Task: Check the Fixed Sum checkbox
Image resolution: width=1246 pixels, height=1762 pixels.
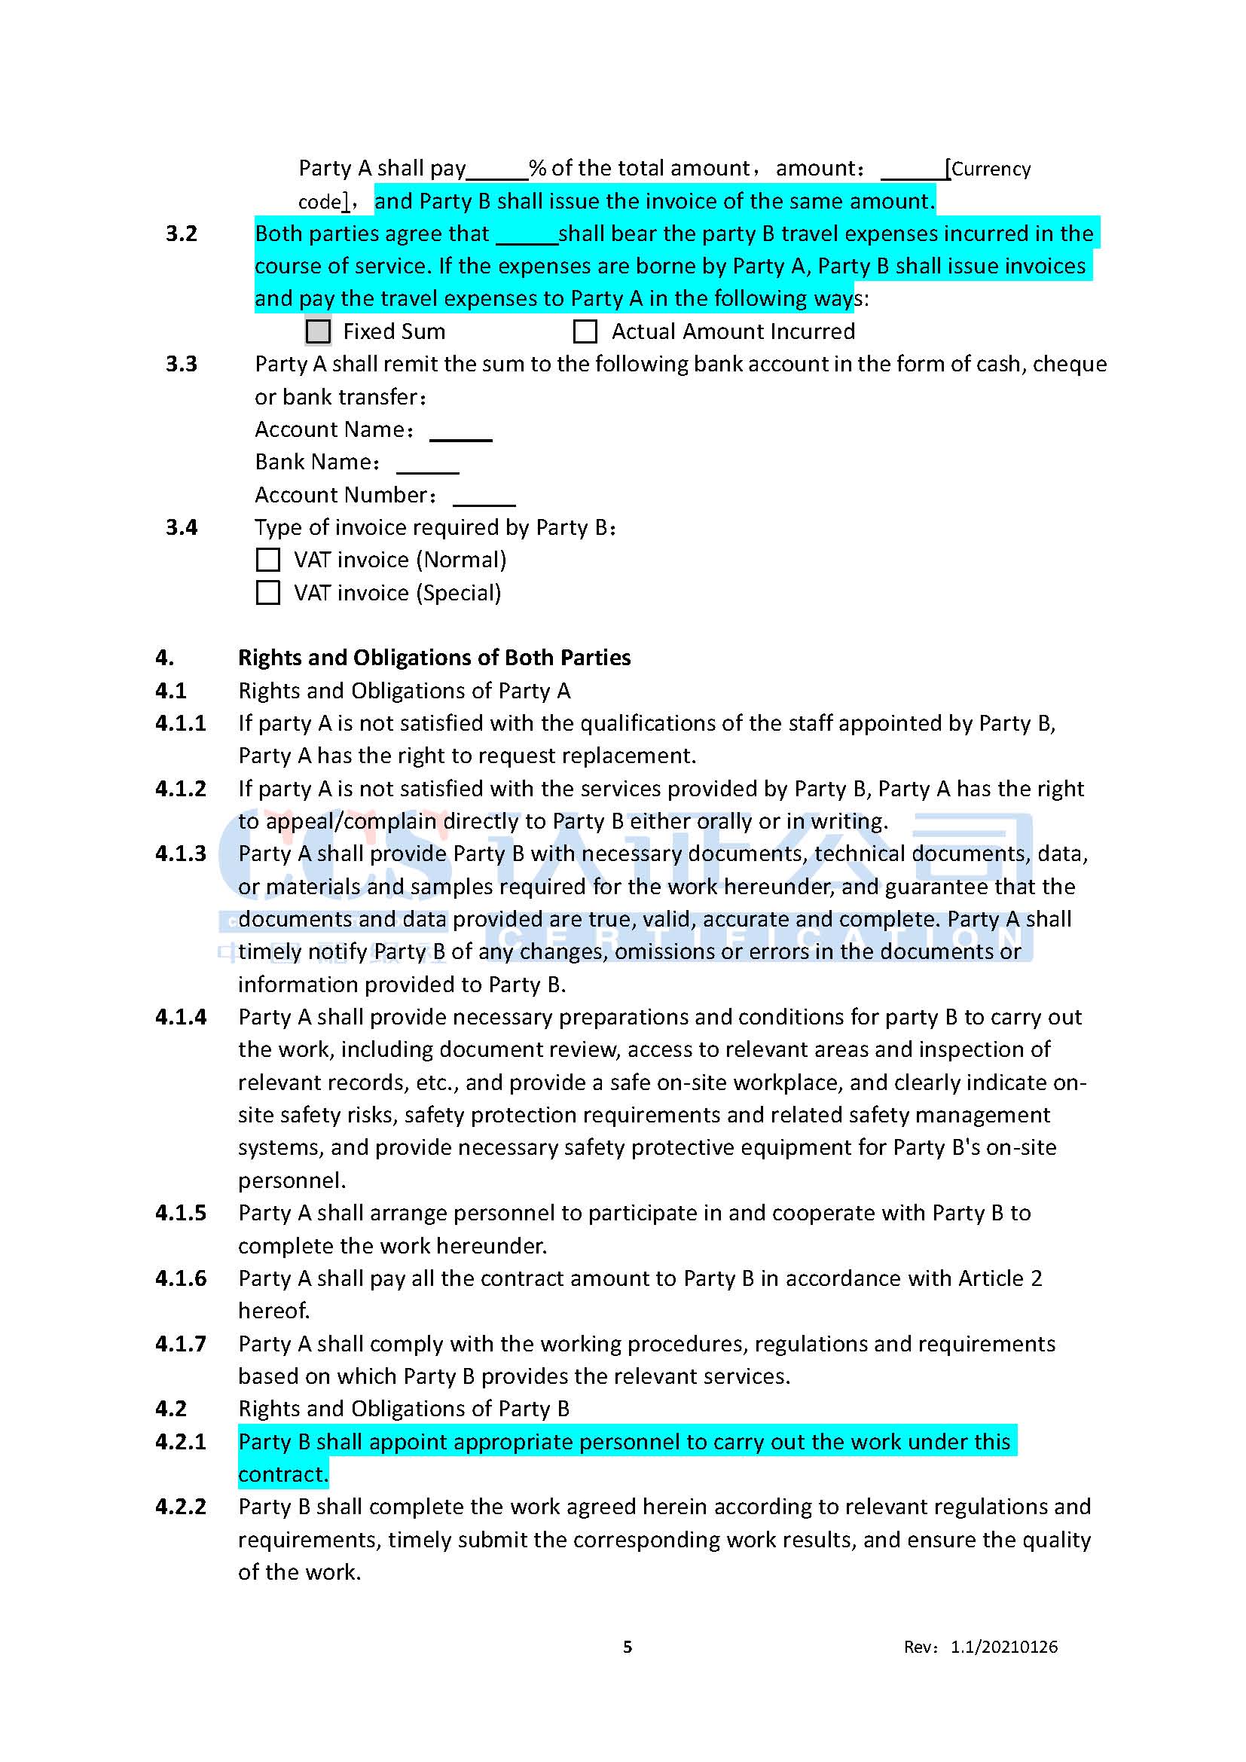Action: point(318,331)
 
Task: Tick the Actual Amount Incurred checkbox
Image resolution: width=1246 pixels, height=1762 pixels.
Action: point(585,331)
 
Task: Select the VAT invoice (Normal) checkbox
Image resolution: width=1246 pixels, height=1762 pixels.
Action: point(267,560)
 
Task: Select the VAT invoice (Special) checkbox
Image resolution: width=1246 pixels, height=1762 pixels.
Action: point(267,592)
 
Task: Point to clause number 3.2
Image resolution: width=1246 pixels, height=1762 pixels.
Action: point(182,234)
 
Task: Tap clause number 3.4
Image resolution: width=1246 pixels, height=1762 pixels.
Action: point(182,527)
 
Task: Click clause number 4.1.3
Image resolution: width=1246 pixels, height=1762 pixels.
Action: point(181,854)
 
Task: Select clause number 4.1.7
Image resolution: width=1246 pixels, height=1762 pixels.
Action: point(181,1344)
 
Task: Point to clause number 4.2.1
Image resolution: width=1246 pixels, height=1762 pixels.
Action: point(181,1442)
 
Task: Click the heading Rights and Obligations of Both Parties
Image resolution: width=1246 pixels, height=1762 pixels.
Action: point(434,658)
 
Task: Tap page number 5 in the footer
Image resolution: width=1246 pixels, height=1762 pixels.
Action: point(628,1647)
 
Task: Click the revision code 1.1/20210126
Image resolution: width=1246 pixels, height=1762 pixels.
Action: point(1003,1647)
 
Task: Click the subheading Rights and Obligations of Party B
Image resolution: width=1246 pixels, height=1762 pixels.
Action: point(404,1409)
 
